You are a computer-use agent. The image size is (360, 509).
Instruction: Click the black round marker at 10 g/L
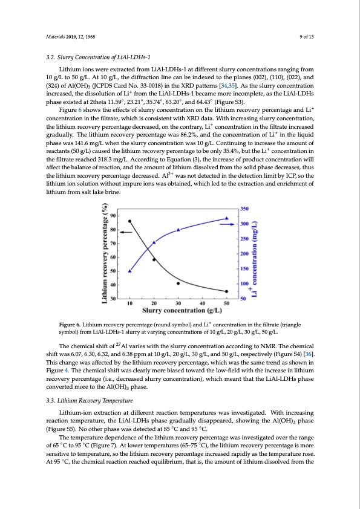point(129,221)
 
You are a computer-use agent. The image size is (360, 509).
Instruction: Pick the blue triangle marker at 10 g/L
point(129,271)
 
